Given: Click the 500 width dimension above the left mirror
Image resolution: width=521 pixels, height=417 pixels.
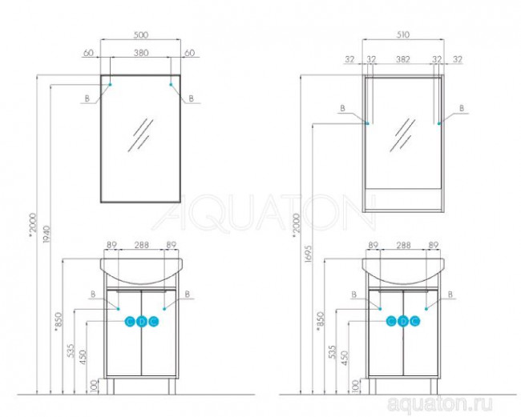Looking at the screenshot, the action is [x=140, y=35].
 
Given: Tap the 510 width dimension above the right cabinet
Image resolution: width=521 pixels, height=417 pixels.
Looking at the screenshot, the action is [x=402, y=35].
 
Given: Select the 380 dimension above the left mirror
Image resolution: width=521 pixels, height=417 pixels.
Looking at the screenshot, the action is [x=141, y=53].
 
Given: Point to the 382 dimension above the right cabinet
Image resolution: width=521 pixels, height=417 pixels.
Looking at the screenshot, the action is [x=402, y=59].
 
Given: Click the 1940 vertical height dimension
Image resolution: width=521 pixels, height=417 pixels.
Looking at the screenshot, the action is [x=46, y=234].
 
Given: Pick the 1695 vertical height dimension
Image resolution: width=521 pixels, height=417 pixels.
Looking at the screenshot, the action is [x=308, y=254].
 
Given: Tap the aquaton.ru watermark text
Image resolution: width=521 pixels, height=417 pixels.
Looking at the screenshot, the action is [x=439, y=403].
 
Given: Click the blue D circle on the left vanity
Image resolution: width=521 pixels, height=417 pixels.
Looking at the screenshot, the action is [x=141, y=322].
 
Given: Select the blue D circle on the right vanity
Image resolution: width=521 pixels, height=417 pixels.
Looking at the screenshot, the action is [x=403, y=322].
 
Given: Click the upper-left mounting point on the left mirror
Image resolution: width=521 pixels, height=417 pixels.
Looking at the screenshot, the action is [x=111, y=85].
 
